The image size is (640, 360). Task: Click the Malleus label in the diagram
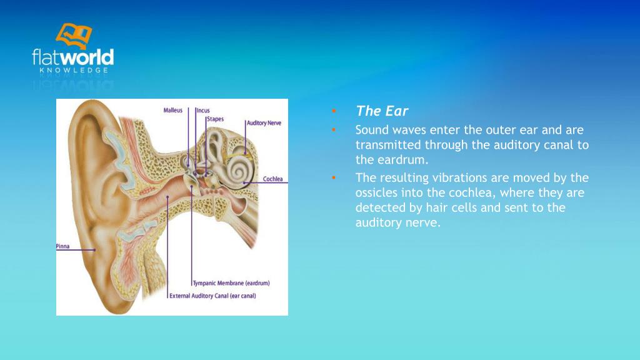coord(173,110)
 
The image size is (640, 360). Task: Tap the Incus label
coord(203,111)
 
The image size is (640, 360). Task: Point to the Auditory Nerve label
coord(264,123)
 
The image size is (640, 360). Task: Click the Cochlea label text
coord(272,179)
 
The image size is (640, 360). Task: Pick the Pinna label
coord(63,246)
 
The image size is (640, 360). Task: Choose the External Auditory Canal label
coord(212,296)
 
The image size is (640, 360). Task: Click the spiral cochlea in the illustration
coord(239,168)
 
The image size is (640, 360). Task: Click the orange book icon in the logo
coord(73,35)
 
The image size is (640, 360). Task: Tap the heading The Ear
coord(382,111)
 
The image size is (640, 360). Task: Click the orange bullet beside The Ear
coord(334,111)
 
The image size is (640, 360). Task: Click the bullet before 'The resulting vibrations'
coord(334,177)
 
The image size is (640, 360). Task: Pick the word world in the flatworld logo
coord(90,58)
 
